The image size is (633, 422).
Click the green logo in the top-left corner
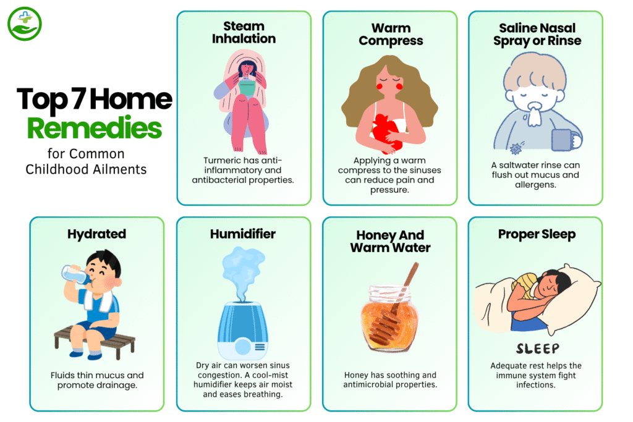pyautogui.click(x=24, y=24)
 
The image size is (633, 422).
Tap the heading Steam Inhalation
pyautogui.click(x=244, y=33)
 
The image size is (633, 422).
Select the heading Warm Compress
pyautogui.click(x=390, y=35)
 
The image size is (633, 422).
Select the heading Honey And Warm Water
pyautogui.click(x=390, y=242)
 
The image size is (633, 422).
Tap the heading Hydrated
pyautogui.click(x=96, y=234)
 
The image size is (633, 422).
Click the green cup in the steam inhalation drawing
pyautogui.click(x=247, y=90)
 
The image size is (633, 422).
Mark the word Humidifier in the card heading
pyautogui.click(x=244, y=234)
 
